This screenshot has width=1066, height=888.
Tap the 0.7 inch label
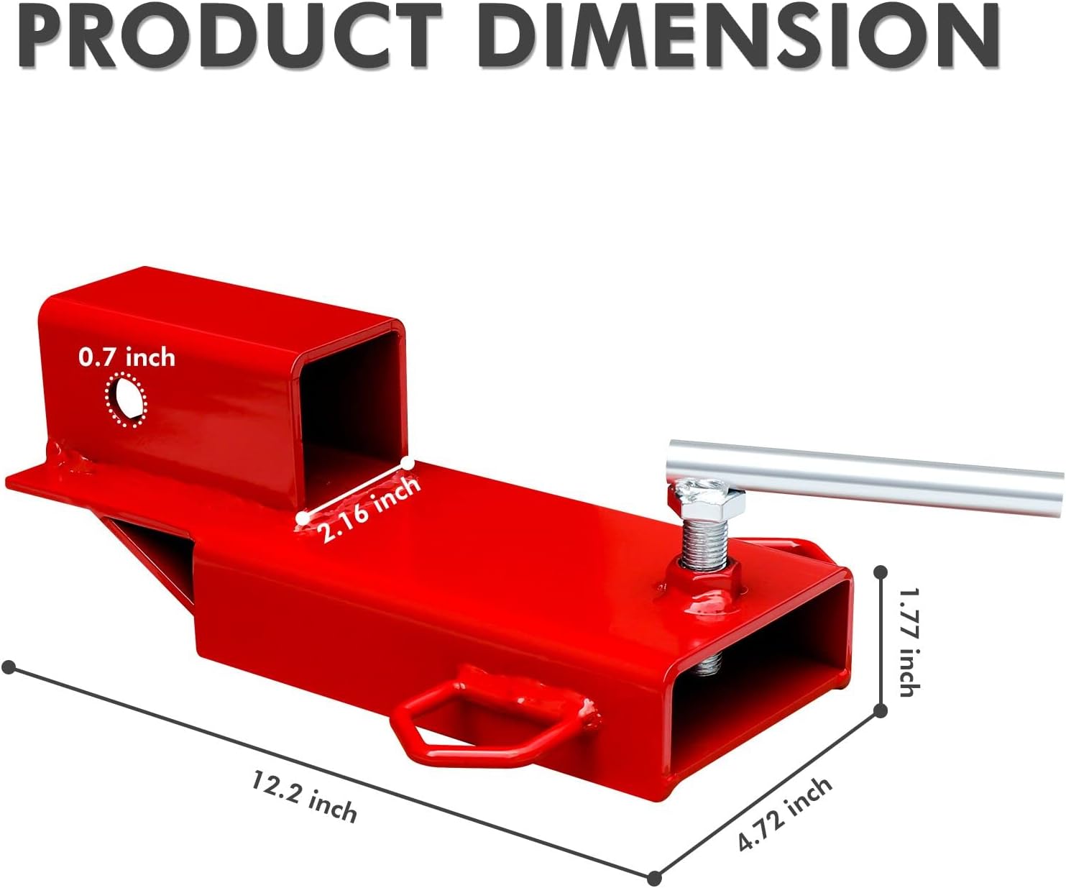click(127, 357)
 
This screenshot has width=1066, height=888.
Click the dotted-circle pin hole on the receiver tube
click(126, 400)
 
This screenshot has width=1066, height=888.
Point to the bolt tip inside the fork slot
click(709, 665)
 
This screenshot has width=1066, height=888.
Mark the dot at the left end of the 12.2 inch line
click(9, 668)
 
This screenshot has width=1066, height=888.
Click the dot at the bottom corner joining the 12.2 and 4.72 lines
click(654, 878)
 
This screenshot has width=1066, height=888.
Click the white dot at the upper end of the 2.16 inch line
click(408, 464)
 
